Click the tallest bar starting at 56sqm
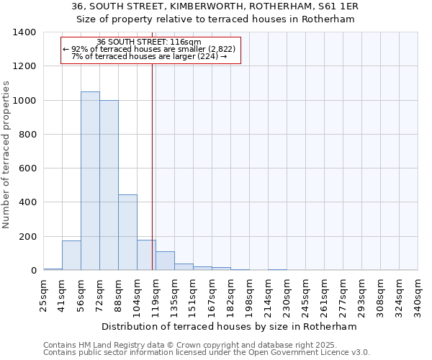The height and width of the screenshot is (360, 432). [x=90, y=181]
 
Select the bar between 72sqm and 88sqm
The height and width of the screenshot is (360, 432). [x=109, y=185]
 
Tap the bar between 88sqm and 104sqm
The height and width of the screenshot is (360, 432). [x=127, y=232]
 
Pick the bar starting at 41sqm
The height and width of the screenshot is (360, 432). [x=71, y=256]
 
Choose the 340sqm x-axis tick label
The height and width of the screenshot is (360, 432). [x=418, y=295]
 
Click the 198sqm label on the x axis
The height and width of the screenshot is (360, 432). [x=250, y=295]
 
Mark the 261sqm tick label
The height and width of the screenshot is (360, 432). [x=325, y=295]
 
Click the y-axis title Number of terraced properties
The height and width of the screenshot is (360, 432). [x=6, y=155]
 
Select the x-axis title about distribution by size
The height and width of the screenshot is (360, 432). [x=230, y=326]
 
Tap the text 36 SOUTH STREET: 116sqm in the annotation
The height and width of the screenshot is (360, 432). [x=149, y=42]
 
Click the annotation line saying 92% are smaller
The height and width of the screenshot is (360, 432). [x=149, y=49]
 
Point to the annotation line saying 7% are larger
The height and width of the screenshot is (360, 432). [x=149, y=56]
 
